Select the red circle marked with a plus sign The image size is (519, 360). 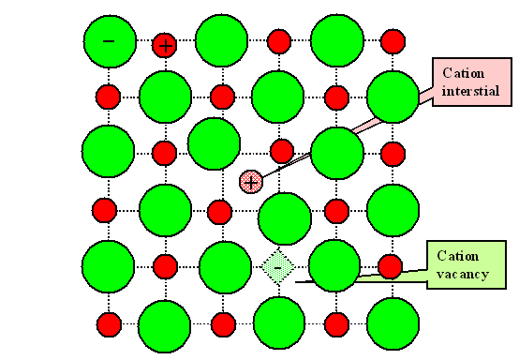coord(165,43)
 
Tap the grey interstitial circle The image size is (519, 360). coord(250,181)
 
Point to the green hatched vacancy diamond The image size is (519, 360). coord(277,266)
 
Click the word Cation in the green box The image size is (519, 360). coord(457,256)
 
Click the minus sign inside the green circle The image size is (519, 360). coord(108,41)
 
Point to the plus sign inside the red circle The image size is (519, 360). coord(165,43)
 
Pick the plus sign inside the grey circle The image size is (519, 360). coord(250,181)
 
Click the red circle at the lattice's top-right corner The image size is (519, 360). coord(393,42)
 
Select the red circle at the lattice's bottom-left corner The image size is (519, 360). coord(110,324)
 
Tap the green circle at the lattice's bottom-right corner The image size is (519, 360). coord(393,323)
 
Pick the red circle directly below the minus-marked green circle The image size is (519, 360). coord(110,97)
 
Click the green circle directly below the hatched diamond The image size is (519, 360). coord(279,322)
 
